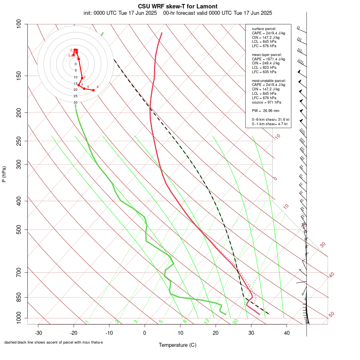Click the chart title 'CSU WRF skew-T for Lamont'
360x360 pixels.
click(x=178, y=6)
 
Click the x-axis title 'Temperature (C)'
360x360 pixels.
click(x=178, y=345)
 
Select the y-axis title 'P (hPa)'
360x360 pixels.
click(x=4, y=174)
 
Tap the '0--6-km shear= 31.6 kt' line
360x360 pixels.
click(x=270, y=119)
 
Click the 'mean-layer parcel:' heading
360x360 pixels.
click(x=267, y=54)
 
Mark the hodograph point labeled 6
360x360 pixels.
click(x=93, y=90)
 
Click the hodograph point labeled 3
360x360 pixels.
click(x=82, y=78)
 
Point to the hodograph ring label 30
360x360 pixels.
click(x=75, y=102)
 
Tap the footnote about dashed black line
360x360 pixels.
click(x=54, y=342)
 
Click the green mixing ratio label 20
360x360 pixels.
click(x=236, y=321)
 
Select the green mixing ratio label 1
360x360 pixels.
click(x=87, y=321)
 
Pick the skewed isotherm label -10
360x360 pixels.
click(x=276, y=137)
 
